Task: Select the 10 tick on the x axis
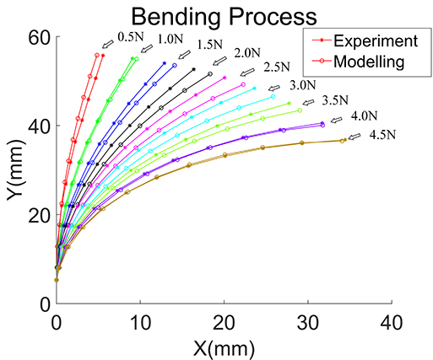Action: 140,320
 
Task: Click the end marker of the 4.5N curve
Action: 342,140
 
